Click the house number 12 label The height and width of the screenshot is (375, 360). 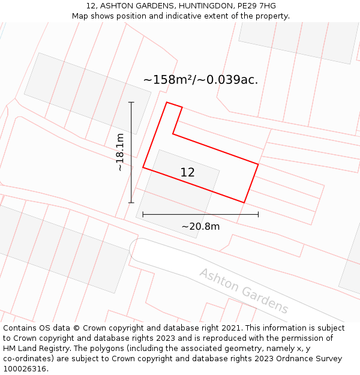187,173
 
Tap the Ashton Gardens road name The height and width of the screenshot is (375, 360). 244,291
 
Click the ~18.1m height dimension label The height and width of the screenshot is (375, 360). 121,152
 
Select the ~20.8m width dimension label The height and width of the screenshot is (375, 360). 200,226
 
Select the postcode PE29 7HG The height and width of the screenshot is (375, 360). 257,6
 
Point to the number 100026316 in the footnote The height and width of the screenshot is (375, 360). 25,369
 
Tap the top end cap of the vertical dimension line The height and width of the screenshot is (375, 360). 131,103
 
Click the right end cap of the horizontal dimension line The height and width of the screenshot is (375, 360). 258,214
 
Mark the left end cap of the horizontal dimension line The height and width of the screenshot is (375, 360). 143,214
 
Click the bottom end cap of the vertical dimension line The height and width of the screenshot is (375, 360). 131,203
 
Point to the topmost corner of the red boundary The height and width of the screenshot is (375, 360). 167,102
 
